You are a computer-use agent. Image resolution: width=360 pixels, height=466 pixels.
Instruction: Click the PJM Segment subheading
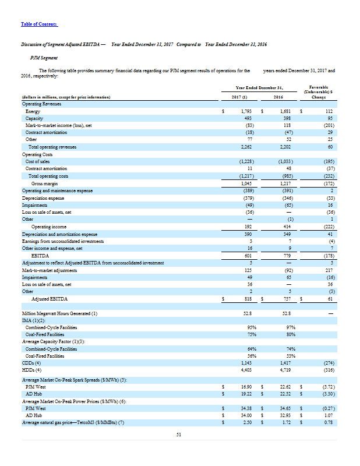pyautogui.click(x=43, y=58)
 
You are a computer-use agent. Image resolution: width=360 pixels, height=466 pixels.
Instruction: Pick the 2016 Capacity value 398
pyautogui.click(x=285, y=117)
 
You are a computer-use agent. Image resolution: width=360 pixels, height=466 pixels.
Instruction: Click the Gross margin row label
pyautogui.click(x=44, y=183)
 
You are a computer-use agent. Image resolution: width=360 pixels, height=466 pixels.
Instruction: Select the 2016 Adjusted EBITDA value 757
pyautogui.click(x=285, y=298)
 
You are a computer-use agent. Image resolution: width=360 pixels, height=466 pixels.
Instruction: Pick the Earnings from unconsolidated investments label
pyautogui.click(x=62, y=240)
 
